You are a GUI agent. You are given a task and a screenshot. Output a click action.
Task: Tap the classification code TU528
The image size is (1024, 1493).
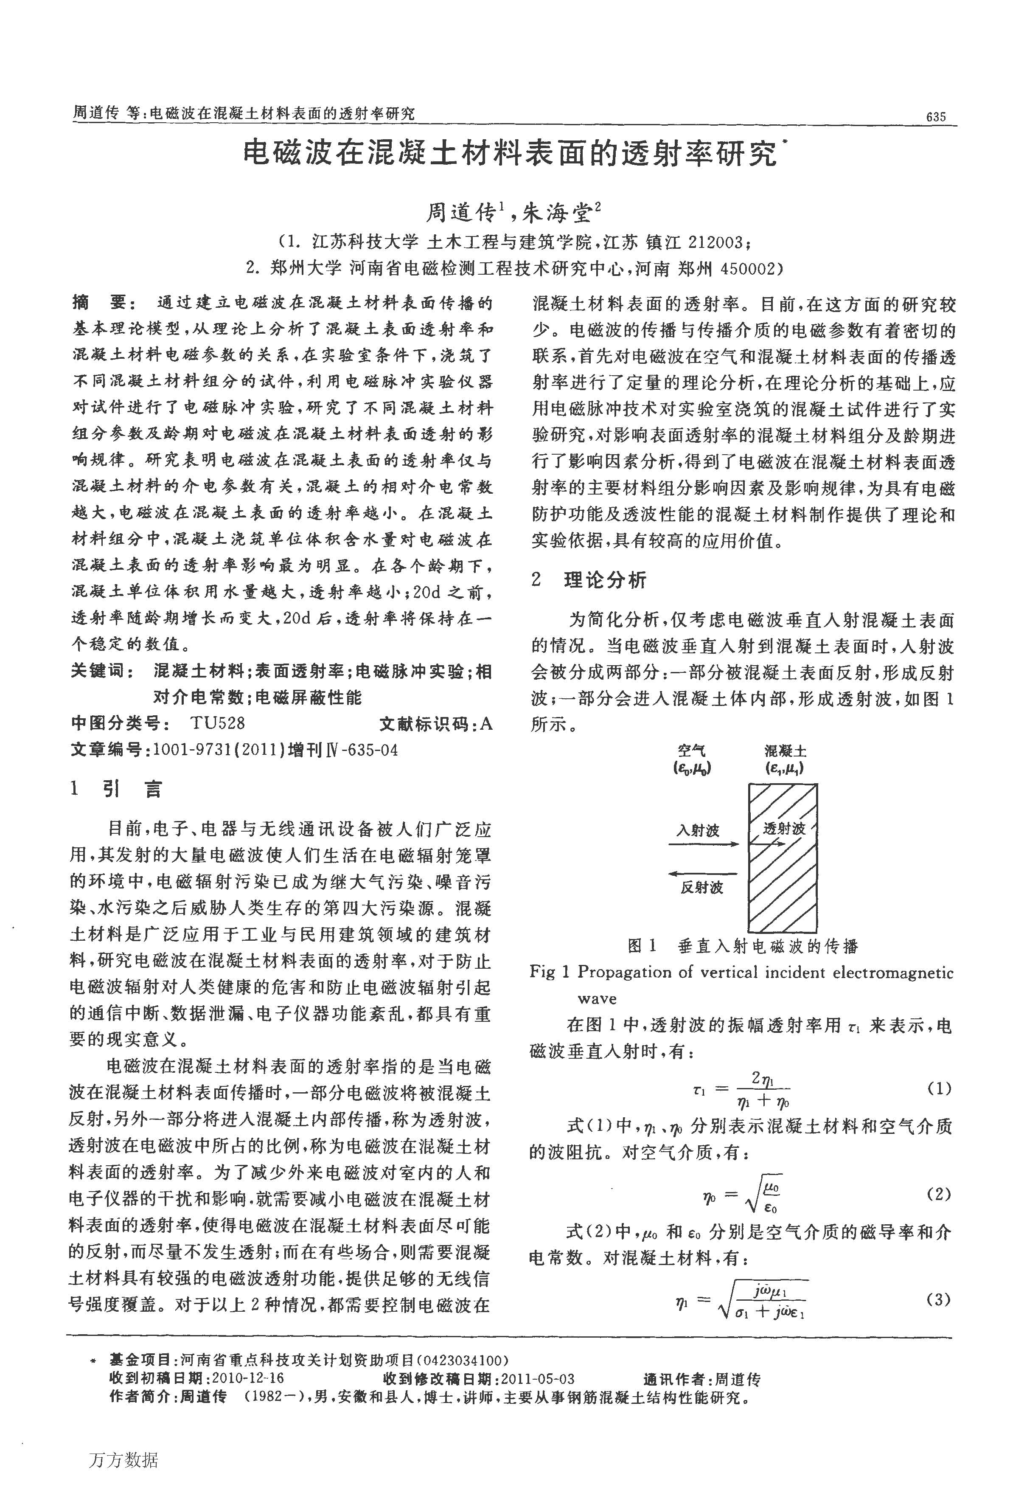(x=217, y=724)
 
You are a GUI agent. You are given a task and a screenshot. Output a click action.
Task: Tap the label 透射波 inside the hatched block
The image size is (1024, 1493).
(x=784, y=829)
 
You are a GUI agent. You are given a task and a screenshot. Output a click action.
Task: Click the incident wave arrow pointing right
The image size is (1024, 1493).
(x=704, y=844)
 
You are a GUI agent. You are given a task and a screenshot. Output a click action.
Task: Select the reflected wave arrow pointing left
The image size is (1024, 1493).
(x=704, y=874)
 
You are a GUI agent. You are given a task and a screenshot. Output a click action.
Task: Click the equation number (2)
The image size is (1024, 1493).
(x=939, y=1194)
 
